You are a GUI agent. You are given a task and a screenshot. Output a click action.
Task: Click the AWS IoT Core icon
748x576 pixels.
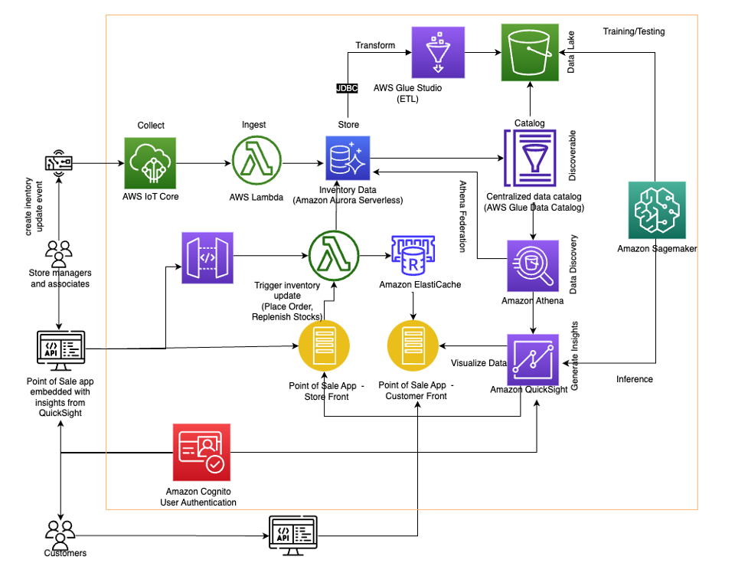click(x=150, y=163)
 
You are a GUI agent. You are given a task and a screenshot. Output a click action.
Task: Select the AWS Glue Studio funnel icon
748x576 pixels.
click(x=438, y=52)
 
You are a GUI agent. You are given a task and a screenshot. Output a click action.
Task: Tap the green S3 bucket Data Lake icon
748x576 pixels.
click(x=530, y=53)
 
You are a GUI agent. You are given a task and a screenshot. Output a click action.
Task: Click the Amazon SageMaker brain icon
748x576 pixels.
click(x=657, y=210)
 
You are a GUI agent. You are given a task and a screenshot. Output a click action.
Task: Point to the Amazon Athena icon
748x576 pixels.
click(x=533, y=266)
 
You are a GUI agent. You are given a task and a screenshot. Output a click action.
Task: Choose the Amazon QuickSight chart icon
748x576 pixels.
click(x=533, y=359)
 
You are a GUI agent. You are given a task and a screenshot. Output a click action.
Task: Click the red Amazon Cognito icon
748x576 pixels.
click(x=201, y=453)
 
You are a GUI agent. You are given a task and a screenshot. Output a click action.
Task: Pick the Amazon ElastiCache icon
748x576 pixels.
click(x=413, y=255)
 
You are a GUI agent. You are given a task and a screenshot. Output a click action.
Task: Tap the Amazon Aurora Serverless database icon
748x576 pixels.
click(x=348, y=158)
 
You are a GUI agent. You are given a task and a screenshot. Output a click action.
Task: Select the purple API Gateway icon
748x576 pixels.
click(x=207, y=258)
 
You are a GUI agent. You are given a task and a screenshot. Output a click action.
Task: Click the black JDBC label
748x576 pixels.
click(x=347, y=88)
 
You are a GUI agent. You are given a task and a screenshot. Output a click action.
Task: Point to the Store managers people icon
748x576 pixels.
click(x=59, y=254)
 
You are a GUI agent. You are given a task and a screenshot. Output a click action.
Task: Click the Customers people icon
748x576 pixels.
click(x=60, y=535)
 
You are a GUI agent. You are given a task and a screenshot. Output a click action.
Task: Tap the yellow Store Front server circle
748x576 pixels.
click(x=324, y=346)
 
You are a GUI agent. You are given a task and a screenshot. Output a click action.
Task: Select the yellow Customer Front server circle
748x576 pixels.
click(x=413, y=346)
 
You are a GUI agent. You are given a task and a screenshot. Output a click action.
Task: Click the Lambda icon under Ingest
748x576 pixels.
click(x=256, y=160)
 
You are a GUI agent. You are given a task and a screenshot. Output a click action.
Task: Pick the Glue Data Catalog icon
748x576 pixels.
click(x=530, y=158)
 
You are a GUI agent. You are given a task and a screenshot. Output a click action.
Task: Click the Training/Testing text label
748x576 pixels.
click(x=634, y=31)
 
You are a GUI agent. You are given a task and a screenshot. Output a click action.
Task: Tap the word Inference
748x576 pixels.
click(x=635, y=379)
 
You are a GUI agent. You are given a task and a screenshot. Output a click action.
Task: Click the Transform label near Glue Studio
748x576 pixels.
click(x=375, y=45)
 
